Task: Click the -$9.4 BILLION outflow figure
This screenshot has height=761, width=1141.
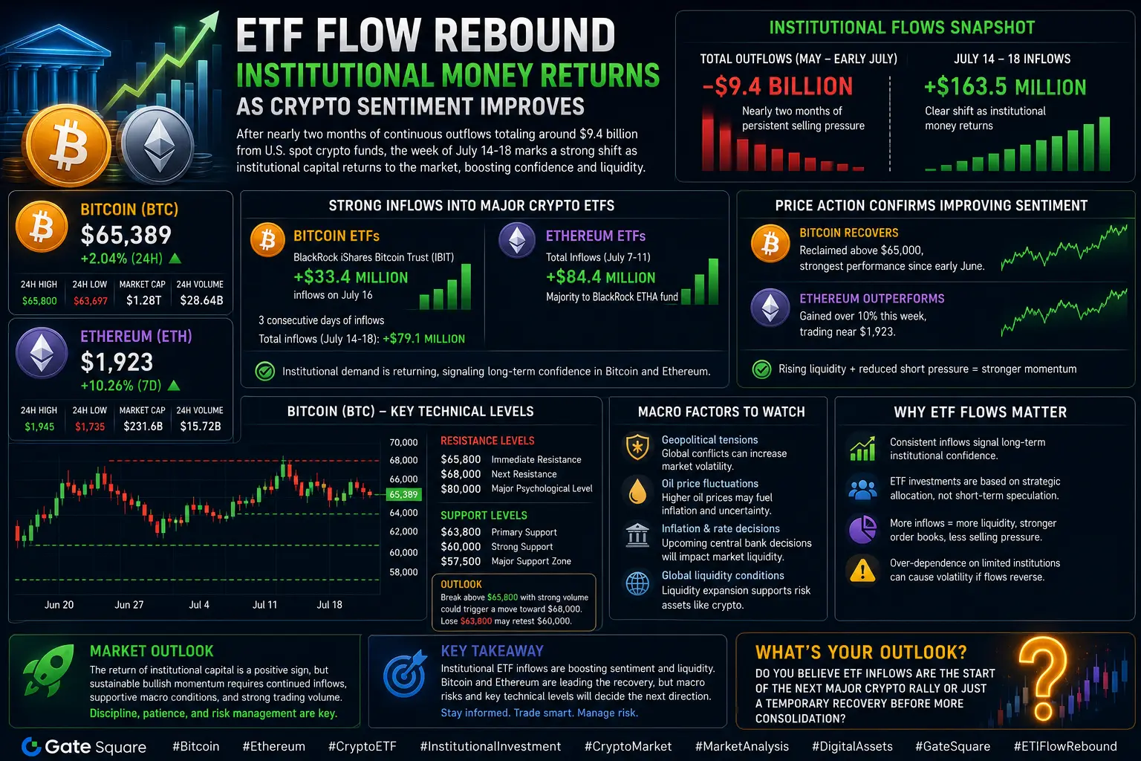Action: click(x=777, y=86)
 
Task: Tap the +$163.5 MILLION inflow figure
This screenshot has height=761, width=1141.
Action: click(x=1005, y=87)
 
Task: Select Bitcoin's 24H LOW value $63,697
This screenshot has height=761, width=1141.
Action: click(x=90, y=301)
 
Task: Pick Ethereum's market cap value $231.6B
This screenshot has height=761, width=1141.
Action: click(x=143, y=426)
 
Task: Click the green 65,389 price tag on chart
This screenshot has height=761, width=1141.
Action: click(x=403, y=494)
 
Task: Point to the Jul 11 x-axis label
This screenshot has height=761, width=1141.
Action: click(x=265, y=604)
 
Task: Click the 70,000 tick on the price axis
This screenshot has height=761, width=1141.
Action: click(x=403, y=442)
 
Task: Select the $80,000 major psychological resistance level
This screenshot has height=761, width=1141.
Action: click(x=461, y=489)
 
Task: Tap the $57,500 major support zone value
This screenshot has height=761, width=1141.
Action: click(x=461, y=561)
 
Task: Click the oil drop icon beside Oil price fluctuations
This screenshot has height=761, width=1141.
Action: click(x=637, y=490)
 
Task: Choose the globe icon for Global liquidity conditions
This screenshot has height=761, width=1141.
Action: click(x=637, y=583)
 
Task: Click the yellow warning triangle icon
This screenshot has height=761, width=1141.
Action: click(x=862, y=570)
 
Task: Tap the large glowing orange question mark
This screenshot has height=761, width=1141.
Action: click(x=1042, y=678)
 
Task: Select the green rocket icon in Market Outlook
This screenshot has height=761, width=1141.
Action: click(x=48, y=670)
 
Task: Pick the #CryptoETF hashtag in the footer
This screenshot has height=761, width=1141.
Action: click(x=363, y=746)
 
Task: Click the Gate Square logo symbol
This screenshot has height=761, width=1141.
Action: click(x=31, y=747)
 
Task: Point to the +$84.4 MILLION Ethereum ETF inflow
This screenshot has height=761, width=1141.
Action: click(x=600, y=277)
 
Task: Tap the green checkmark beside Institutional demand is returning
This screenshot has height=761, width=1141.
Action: click(x=265, y=371)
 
